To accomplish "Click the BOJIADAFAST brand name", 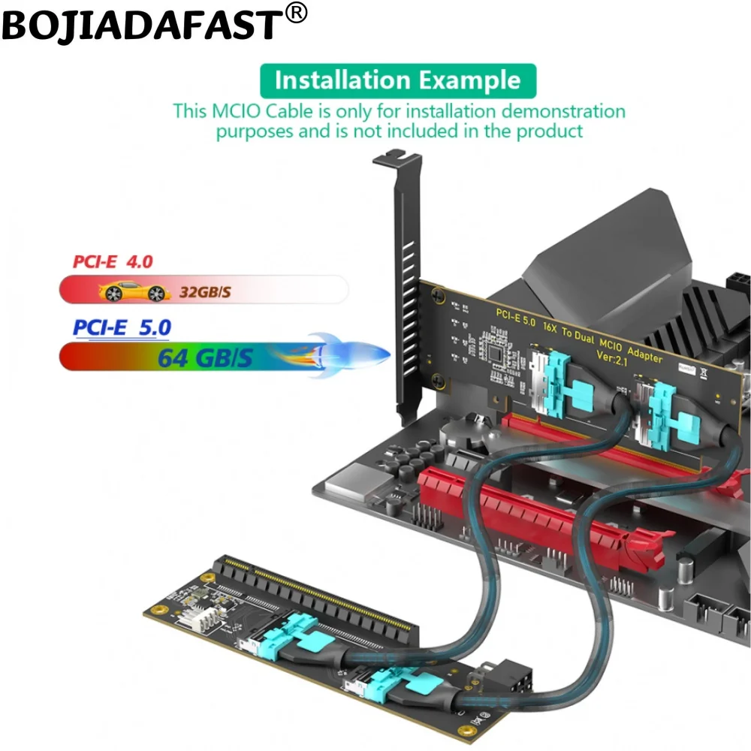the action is pos(143,26).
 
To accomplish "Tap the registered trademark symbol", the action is pos(297,13).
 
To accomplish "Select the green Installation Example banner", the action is pos(398,80).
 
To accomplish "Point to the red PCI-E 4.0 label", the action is pos(113,261).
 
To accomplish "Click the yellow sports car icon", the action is pos(134,291).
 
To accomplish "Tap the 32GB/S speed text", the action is pos(205,291).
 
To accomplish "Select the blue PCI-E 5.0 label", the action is pos(122,327).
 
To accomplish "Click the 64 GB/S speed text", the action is pos(205,357).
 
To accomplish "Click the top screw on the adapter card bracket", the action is pos(437,294).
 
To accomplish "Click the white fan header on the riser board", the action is pos(207,620).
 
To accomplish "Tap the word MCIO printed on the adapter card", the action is pos(610,344).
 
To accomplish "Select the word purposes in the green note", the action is pos(255,131).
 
